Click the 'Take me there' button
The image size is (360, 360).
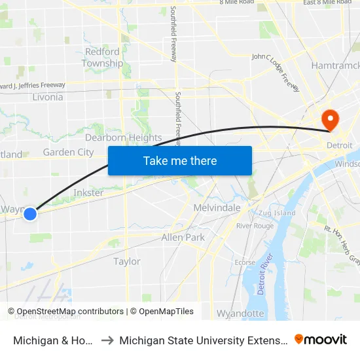(180, 160)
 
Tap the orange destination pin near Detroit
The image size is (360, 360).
(330, 120)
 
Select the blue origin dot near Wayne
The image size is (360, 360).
(29, 213)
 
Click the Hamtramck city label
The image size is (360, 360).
(335, 65)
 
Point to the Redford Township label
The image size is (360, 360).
(102, 58)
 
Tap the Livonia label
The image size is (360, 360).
(48, 97)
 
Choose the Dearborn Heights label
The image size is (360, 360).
(123, 137)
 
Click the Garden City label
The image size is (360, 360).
(68, 152)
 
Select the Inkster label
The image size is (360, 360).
(88, 192)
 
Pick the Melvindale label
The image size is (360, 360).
(217, 207)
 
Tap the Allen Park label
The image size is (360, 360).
(183, 237)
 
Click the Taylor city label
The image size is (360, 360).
(127, 261)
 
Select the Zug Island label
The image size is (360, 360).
(277, 213)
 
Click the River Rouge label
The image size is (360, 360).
(255, 226)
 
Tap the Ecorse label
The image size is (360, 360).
(245, 262)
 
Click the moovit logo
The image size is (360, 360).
(320, 339)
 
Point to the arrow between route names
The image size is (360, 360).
(107, 340)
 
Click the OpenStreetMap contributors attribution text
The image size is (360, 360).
(65, 312)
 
